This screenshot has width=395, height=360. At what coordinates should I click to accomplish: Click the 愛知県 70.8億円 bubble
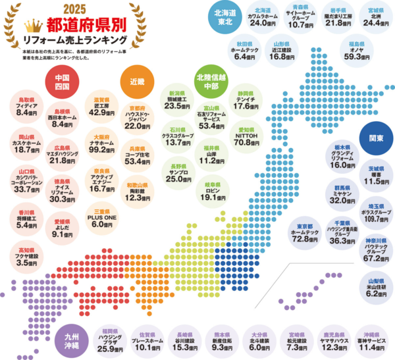pyautogui.click(x=244, y=136)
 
